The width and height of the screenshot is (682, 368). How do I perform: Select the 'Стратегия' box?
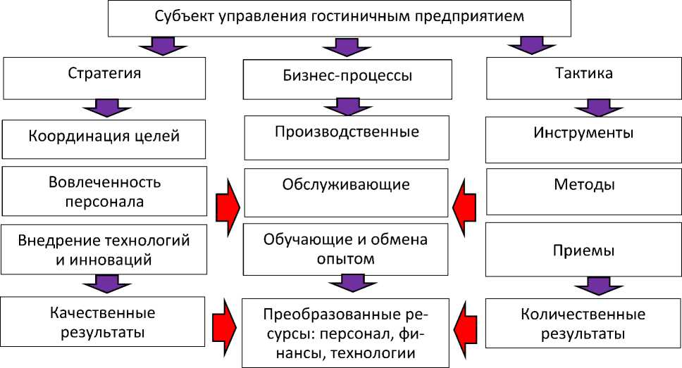tap(104, 77)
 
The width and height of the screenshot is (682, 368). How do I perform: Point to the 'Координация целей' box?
tap(104, 138)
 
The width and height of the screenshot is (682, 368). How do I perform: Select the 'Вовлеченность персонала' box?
tap(104, 192)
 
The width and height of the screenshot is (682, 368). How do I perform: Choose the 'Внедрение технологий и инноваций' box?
tap(104, 250)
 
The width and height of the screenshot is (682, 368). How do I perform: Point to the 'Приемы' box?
tap(583, 251)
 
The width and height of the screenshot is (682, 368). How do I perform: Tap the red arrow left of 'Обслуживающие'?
tap(228, 203)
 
